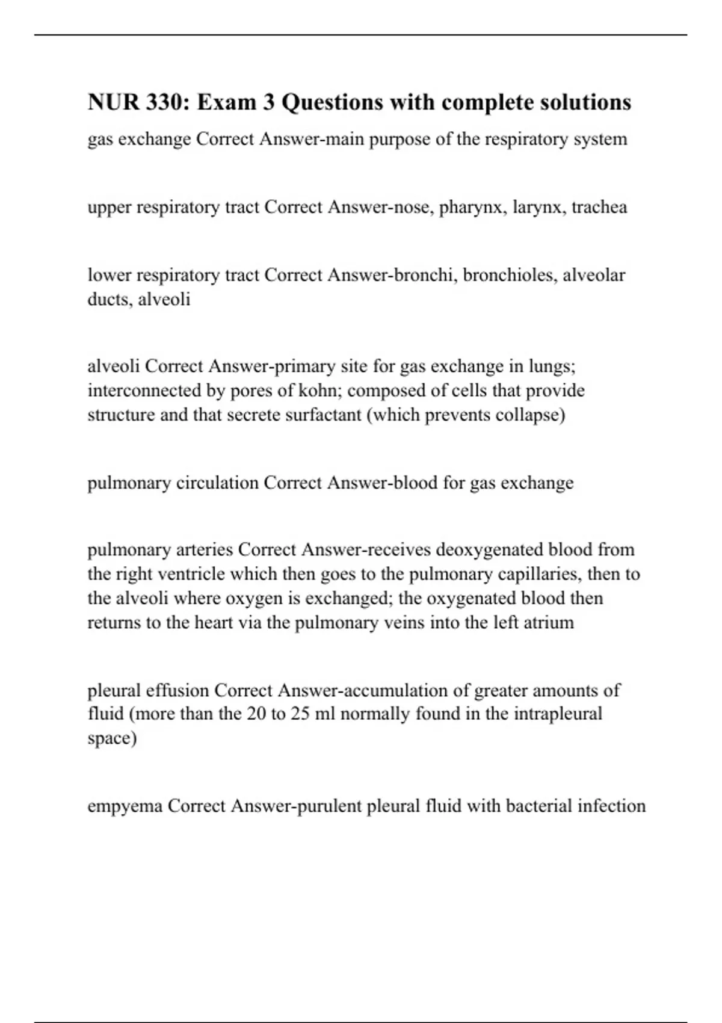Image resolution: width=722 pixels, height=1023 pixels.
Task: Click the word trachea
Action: point(599,207)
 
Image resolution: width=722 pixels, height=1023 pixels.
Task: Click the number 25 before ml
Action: point(300,714)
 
